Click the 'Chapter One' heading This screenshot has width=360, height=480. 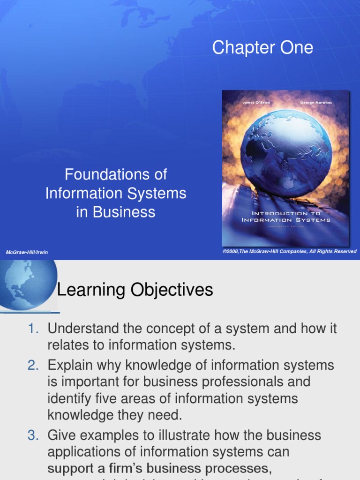point(262,48)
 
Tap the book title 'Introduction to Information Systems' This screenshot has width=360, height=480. point(286,217)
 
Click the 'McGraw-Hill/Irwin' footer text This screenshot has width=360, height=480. point(27,252)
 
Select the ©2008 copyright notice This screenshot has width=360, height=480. point(289,252)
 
